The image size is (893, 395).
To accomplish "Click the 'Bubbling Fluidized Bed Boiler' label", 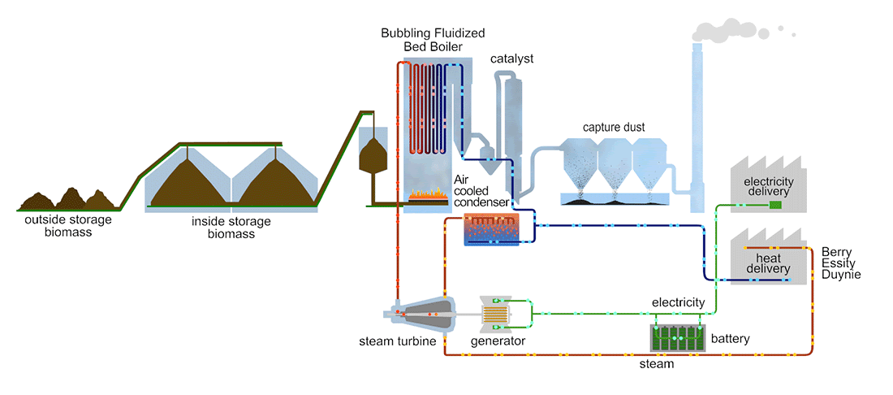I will (433, 40).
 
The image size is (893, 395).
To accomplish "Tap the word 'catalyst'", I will (511, 59).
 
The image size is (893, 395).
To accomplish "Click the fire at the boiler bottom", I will (429, 196).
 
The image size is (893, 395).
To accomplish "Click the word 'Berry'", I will (837, 252).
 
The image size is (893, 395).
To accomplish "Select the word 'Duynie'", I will (840, 276).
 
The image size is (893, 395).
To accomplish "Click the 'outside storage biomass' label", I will (68, 226).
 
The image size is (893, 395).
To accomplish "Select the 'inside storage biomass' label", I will (231, 228).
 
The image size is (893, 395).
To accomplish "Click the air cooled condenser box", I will (490, 230).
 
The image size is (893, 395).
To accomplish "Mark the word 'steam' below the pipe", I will (656, 364).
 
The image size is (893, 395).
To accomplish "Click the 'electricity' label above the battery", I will (679, 302).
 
